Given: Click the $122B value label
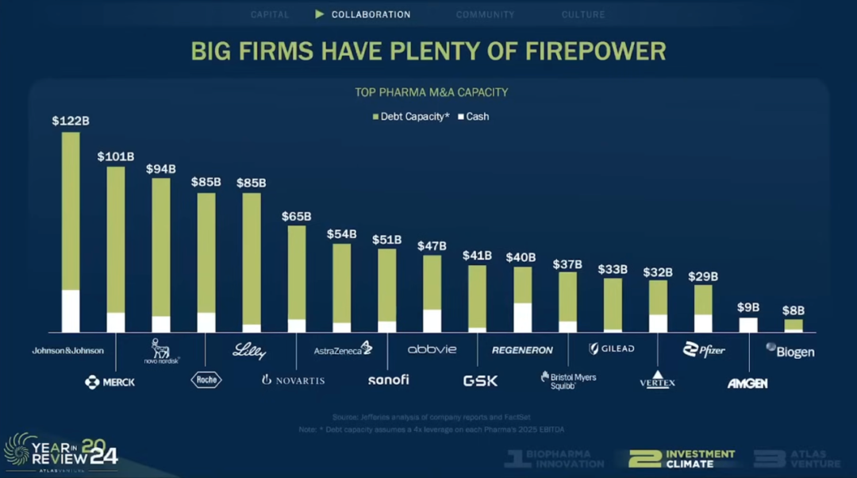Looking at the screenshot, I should click(x=71, y=121).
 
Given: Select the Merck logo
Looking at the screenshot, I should click(x=110, y=382).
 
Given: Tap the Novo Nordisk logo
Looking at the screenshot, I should click(x=162, y=351).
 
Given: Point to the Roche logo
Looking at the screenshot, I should click(x=206, y=380).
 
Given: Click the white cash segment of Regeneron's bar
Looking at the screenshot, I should click(x=522, y=317).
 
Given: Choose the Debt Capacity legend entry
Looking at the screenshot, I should click(x=410, y=117).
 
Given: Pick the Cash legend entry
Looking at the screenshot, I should click(x=473, y=117).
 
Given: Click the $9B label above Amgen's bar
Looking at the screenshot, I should click(x=747, y=307).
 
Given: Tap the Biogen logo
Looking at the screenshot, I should click(x=790, y=350).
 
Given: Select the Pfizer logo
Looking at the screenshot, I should click(x=704, y=349).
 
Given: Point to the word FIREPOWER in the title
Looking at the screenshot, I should click(x=595, y=52).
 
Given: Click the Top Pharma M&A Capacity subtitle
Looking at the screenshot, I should click(x=431, y=92).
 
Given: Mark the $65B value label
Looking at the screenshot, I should click(x=296, y=216).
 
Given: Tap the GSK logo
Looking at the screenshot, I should click(x=480, y=380).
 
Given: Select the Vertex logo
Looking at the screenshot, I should click(x=657, y=380).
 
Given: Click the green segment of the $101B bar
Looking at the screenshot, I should click(x=116, y=238).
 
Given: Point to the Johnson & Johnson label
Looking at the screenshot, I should click(x=67, y=350).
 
